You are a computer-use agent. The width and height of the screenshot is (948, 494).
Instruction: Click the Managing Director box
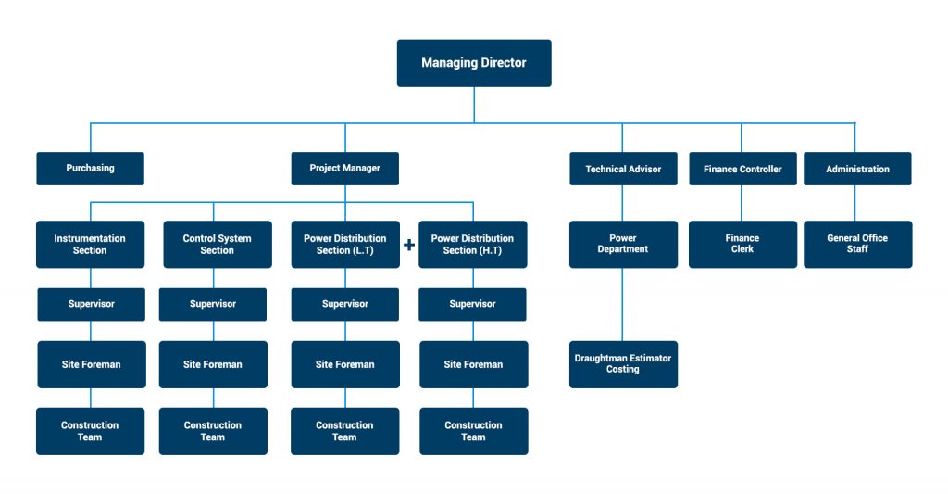click(x=474, y=63)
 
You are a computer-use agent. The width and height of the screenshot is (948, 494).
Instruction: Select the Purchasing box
click(x=90, y=169)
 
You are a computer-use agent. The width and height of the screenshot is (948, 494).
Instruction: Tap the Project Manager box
click(x=344, y=169)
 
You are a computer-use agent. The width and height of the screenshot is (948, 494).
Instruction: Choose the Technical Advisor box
click(x=623, y=169)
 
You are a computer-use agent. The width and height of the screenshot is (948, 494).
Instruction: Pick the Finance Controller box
click(x=742, y=169)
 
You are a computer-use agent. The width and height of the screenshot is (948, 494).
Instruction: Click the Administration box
click(x=857, y=169)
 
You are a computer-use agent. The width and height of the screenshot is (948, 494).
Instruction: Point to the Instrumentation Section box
click(x=90, y=245)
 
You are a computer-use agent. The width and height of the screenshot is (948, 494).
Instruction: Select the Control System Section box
click(x=217, y=245)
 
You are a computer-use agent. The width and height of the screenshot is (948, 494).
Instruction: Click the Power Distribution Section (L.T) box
click(x=344, y=245)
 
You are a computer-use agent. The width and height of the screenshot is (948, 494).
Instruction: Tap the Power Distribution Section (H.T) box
click(x=472, y=245)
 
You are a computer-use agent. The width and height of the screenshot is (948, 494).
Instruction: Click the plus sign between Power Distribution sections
click(x=408, y=246)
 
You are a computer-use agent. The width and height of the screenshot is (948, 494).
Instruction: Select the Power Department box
click(x=623, y=245)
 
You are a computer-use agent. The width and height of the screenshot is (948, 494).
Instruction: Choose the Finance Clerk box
click(x=742, y=245)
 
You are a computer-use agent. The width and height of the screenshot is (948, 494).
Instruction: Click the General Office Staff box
click(x=857, y=245)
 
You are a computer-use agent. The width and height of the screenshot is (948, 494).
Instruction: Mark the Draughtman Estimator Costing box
click(x=623, y=363)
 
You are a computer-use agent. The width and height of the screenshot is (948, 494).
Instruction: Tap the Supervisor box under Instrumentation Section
click(x=91, y=304)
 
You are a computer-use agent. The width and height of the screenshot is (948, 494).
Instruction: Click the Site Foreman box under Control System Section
click(x=213, y=364)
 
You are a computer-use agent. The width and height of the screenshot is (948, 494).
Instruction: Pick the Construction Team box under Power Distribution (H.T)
click(x=473, y=431)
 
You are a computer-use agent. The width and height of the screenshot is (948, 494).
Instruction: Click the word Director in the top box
click(x=503, y=63)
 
